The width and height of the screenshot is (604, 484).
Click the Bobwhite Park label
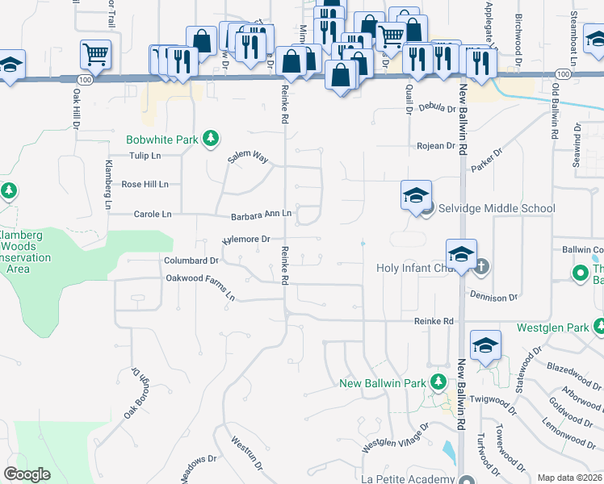click(x=161, y=140)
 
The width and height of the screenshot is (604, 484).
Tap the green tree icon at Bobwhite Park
click(x=210, y=140)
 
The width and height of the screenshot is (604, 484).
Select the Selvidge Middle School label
click(x=497, y=208)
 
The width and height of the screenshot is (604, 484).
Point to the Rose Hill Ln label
click(x=145, y=184)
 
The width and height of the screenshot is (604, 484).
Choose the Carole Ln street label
click(x=152, y=215)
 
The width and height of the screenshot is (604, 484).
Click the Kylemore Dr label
click(x=245, y=240)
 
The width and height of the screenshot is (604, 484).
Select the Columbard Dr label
click(x=192, y=261)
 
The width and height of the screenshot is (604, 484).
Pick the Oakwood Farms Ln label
click(x=200, y=286)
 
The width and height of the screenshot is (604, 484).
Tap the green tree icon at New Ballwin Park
click(x=437, y=382)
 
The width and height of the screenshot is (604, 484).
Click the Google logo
click(x=27, y=474)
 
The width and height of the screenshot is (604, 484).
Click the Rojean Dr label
click(x=436, y=146)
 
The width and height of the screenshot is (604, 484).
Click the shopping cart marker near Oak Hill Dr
click(x=95, y=55)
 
